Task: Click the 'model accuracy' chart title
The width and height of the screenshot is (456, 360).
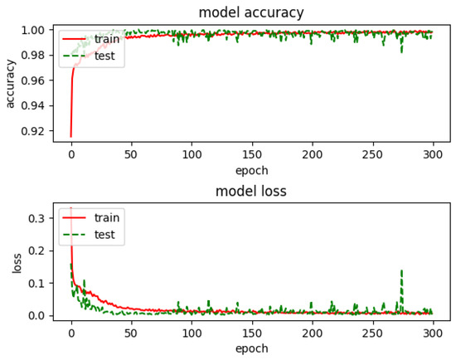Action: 250,12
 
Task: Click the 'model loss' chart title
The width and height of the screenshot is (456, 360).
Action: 250,192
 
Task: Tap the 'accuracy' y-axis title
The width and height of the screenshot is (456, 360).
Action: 11,83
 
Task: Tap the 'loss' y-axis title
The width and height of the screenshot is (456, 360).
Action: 17,261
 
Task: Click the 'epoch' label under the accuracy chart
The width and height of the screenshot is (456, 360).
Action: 250,170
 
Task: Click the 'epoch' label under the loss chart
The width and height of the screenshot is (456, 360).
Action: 250,349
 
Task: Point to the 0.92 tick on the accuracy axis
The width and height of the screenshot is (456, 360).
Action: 38,131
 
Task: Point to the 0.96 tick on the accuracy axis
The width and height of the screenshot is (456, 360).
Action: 38,80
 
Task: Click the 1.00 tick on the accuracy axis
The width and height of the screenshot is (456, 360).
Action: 38,30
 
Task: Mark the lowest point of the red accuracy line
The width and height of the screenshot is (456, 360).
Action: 70,136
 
